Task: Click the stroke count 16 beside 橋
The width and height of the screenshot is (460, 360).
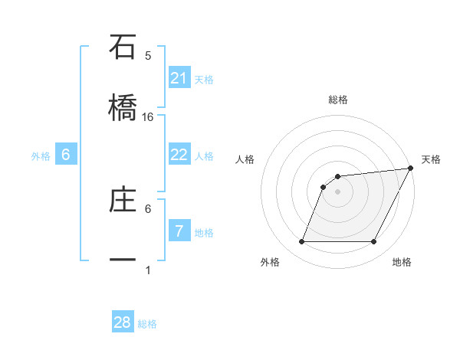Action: click(148, 116)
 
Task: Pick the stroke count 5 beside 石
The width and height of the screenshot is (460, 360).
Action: click(148, 55)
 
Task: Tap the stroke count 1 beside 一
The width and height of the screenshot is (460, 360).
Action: click(148, 270)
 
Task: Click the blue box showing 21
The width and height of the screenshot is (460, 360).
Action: click(179, 77)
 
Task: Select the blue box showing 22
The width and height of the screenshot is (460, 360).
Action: click(179, 155)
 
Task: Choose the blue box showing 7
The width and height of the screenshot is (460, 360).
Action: click(179, 231)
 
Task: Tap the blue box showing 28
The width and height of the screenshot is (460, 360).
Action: click(123, 322)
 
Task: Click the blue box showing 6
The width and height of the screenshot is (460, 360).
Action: click(66, 155)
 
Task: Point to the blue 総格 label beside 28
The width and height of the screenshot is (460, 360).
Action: click(148, 324)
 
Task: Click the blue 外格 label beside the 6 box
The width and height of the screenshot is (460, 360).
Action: click(41, 156)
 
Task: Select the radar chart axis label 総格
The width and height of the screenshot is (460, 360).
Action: click(338, 100)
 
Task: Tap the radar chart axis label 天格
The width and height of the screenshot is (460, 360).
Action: click(432, 159)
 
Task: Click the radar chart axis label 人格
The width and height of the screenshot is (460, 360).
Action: click(245, 159)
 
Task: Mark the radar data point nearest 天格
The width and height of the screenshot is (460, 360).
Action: click(411, 168)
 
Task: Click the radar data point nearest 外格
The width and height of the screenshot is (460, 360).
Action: click(301, 242)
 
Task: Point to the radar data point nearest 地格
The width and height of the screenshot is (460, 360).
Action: click(374, 242)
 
